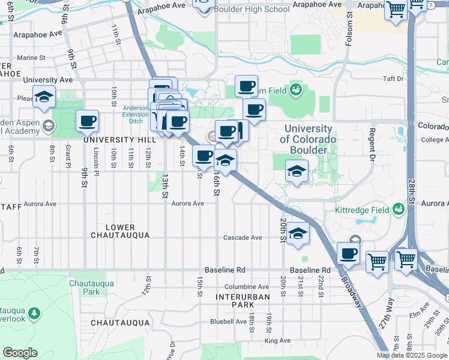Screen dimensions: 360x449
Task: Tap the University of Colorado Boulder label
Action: click(307, 139)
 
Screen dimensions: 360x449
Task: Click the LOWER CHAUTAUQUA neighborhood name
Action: click(127, 231)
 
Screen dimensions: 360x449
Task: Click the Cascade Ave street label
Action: click(242, 238)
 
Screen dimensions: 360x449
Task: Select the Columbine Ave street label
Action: click(247, 287)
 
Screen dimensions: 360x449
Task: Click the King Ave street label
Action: click(277, 341)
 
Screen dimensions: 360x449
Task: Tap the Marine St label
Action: click(32, 58)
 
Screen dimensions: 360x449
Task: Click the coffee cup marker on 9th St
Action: click(88, 121)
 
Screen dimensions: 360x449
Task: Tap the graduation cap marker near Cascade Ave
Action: click(297, 232)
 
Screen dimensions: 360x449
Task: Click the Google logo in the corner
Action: click(20, 353)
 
